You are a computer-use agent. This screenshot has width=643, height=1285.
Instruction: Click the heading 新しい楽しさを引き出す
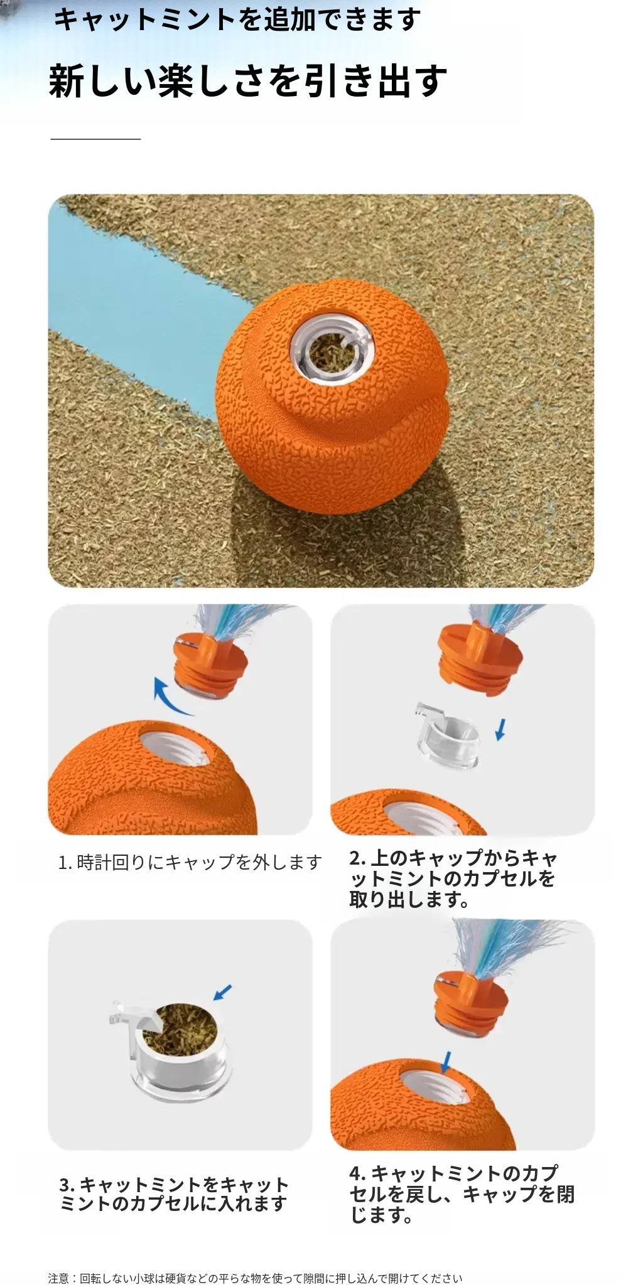point(248,81)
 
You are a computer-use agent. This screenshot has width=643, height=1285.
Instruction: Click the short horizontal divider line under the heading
point(95,139)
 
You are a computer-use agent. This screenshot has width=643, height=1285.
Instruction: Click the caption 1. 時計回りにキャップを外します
point(190,863)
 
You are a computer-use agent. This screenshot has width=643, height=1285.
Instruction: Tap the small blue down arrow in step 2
point(500,729)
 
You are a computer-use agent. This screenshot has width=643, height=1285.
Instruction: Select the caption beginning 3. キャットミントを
point(174,1194)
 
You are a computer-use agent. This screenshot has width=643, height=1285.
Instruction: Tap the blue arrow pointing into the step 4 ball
point(446,1062)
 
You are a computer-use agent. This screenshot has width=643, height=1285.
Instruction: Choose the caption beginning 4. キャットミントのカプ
point(462,1194)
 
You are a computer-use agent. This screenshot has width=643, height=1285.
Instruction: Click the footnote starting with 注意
point(255,1278)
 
